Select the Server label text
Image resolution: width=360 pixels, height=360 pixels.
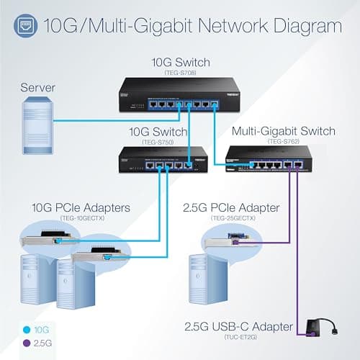point(37,87)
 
